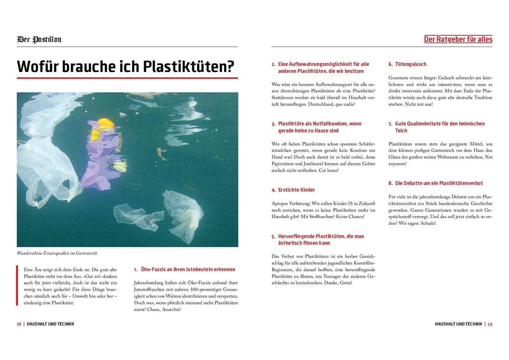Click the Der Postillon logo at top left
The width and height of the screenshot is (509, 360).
pos(39,39)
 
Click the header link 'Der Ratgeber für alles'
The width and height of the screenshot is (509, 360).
pos(458,39)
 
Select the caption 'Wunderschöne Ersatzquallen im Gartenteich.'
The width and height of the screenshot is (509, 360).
pos(57,253)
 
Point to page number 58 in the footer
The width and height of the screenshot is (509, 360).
pos(19,324)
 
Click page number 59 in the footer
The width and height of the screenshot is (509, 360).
pos(490,324)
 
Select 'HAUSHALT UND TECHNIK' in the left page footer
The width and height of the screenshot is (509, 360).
pos(50,324)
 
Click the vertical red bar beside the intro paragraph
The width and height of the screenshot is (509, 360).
pos(18,286)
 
